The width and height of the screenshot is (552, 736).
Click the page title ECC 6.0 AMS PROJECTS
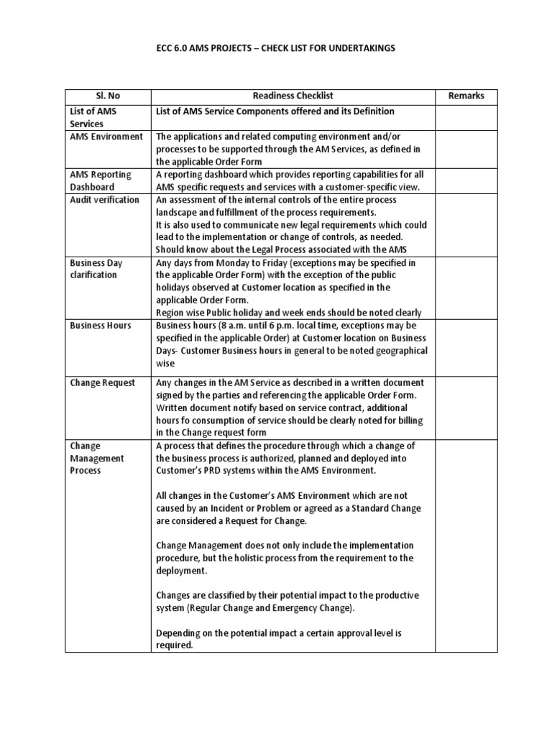[276, 47]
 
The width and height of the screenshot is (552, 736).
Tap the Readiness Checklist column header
[293, 96]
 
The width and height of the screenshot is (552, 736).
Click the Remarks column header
[466, 96]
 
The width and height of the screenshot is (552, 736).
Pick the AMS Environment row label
[106, 137]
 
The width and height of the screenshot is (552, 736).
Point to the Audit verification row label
[105, 200]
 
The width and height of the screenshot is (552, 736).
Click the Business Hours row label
[101, 325]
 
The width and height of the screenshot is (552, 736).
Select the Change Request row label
[103, 382]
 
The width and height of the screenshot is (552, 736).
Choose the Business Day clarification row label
[96, 269]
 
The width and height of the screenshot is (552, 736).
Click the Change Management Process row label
[97, 458]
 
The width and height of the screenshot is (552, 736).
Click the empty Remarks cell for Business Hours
[466, 344]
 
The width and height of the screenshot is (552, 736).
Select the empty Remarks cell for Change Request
[466, 407]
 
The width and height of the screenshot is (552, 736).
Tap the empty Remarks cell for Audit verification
[466, 225]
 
